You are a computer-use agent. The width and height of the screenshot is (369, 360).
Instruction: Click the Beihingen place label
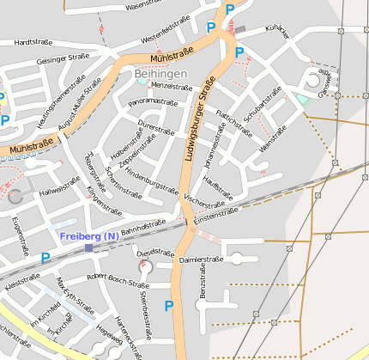[x=160, y=75]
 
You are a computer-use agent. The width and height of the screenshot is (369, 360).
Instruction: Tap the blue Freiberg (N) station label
[x=89, y=236]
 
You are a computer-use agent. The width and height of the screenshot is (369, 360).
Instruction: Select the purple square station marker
[x=89, y=248]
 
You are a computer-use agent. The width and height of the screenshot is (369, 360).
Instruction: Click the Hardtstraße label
[x=34, y=41]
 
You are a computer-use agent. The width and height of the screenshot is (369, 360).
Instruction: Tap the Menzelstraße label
[x=171, y=86]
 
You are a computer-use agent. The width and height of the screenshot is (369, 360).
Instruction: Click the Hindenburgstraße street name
[x=152, y=174]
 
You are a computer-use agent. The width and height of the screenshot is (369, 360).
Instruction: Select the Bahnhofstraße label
[x=142, y=228]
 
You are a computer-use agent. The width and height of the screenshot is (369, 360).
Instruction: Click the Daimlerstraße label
[x=201, y=258]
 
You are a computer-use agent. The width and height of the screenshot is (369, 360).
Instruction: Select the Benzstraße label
[x=203, y=283]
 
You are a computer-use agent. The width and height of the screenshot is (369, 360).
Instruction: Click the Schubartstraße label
[x=263, y=107]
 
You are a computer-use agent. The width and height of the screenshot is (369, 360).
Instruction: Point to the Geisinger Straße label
[x=63, y=59]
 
